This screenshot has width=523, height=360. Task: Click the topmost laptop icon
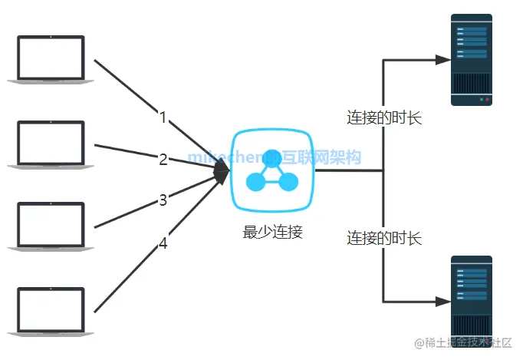click(x=51, y=58)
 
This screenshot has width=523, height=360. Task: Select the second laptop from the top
click(x=51, y=142)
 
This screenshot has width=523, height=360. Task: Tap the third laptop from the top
click(x=51, y=225)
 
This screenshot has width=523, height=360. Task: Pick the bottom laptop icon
click(x=51, y=309)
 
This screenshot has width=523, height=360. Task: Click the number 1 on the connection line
click(x=163, y=117)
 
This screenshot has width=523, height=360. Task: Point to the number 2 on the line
click(x=163, y=160)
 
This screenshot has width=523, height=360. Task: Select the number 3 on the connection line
click(x=163, y=200)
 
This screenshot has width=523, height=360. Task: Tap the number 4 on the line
click(x=163, y=243)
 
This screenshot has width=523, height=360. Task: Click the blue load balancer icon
click(x=273, y=171)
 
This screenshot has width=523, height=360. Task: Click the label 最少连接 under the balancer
click(x=273, y=232)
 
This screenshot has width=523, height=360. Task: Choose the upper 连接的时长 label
click(x=384, y=117)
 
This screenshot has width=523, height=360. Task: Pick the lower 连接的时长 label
click(x=384, y=237)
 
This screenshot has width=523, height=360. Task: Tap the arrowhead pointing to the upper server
click(x=442, y=58)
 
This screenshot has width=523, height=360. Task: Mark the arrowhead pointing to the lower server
click(x=442, y=301)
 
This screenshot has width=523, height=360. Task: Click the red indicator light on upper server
click(x=488, y=100)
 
